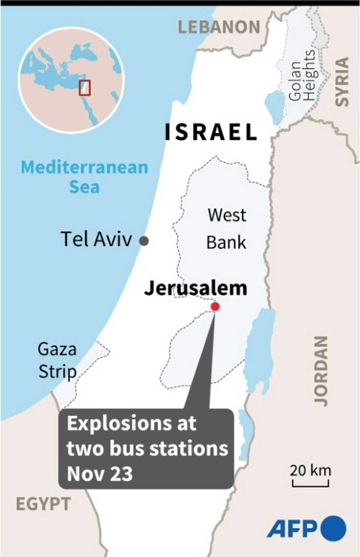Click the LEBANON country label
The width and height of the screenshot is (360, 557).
[219, 27]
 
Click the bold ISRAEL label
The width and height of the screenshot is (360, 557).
[211, 132]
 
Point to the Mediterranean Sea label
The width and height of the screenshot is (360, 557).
[85, 177]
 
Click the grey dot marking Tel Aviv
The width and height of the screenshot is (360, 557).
[144, 241]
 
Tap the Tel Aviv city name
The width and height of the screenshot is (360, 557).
[96, 239]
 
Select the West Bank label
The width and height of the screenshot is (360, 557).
[227, 229]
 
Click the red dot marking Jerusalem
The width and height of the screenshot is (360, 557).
[215, 306]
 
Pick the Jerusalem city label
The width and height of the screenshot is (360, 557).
[196, 288]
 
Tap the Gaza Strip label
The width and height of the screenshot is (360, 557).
[57, 360]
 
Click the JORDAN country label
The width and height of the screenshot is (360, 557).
[321, 371]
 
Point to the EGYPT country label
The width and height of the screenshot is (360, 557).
[43, 504]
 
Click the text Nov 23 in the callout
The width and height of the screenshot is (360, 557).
[100, 473]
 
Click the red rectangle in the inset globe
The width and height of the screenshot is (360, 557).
[85, 88]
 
